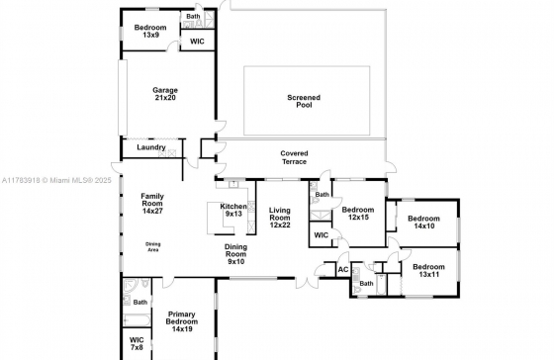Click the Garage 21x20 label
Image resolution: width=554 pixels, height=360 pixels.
tap(165, 94)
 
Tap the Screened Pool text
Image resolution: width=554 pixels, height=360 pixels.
tap(304, 101)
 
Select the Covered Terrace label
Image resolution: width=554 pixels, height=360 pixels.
tap(294, 157)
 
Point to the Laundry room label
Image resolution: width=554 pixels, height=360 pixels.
tap(151, 147)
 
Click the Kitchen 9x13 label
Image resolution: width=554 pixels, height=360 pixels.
tap(233, 210)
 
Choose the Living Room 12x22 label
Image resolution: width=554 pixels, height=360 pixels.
tap(280, 218)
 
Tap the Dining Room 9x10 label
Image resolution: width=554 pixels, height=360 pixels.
tap(235, 254)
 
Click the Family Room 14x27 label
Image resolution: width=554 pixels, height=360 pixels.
tap(152, 204)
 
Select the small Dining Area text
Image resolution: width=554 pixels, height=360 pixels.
tap(152, 247)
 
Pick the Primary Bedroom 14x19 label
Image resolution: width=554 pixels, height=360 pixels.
tap(182, 321)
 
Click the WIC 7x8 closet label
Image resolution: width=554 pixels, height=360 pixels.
tap(137, 343)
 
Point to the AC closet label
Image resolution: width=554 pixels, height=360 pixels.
tap(343, 270)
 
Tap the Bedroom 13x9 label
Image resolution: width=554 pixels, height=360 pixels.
tap(150, 31)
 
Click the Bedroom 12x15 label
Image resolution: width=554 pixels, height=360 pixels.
tap(358, 214)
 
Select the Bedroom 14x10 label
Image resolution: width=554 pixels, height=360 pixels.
tap(423, 223)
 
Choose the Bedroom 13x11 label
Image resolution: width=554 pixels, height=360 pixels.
tap(428, 271)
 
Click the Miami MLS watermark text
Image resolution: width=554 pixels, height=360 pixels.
tap(56, 180)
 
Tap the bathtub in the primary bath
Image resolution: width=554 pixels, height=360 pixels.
tap(137, 320)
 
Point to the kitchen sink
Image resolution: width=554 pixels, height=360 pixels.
tap(233, 184)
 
